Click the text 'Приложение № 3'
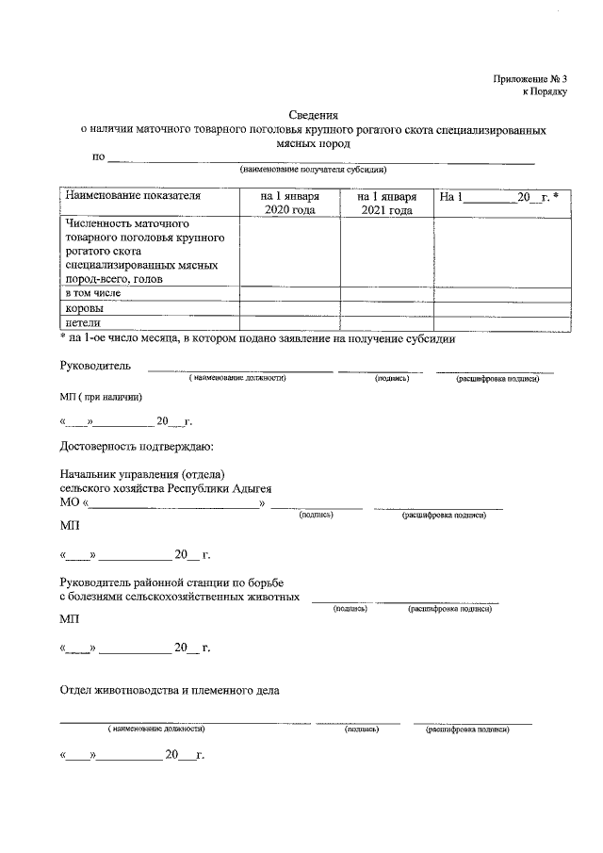tap(530, 78)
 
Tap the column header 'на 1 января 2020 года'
tap(288, 204)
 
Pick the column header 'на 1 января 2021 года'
tap(386, 204)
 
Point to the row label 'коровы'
tap(84, 307)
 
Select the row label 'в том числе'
tap(92, 293)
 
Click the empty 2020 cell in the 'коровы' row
tap(288, 307)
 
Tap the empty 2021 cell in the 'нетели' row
tap(386, 322)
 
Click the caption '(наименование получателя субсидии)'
tap(313, 170)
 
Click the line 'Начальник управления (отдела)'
tap(143, 474)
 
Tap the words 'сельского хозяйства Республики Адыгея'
tap(165, 488)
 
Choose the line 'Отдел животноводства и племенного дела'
tap(170, 691)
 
